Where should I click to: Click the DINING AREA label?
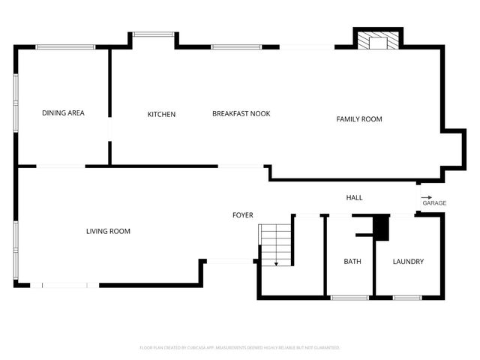63,113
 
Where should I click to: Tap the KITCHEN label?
161,114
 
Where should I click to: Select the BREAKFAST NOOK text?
241,113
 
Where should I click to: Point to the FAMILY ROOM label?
359,119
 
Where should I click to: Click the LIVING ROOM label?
108,231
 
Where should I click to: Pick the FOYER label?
242,215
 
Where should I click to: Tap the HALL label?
354,197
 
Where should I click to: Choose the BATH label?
352,262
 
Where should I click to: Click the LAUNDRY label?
409,262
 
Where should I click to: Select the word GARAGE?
434,203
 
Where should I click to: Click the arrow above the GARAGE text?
426,196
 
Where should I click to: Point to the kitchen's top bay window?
154,33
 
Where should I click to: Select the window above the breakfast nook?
236,47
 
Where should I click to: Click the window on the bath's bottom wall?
349,298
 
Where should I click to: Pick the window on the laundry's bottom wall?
406,298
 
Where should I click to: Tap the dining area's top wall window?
66,47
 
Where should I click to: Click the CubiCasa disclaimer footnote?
240,348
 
